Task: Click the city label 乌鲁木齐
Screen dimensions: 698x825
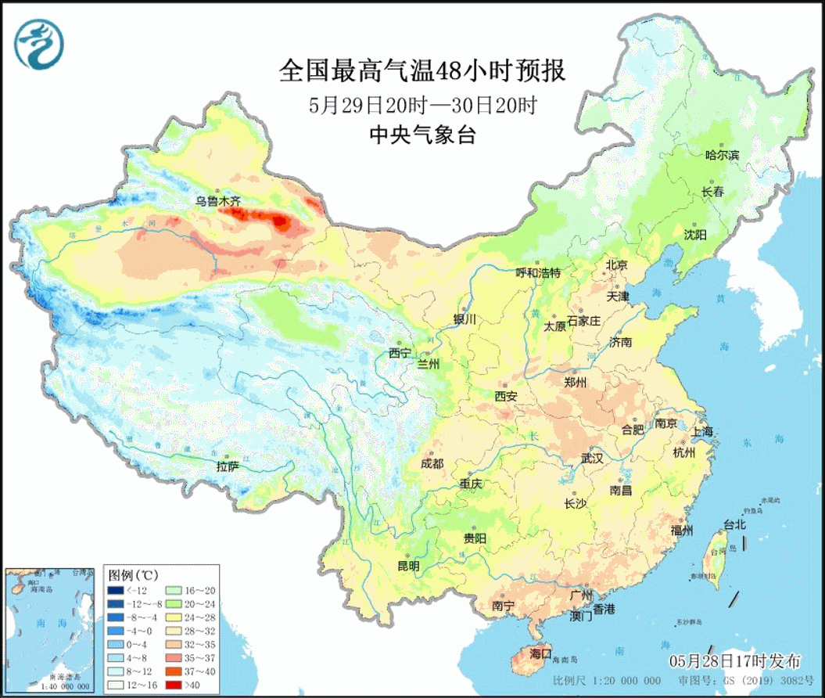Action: pos(218,201)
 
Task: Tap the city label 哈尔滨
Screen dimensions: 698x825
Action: pos(722,155)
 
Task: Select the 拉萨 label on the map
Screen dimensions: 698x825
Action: pos(228,466)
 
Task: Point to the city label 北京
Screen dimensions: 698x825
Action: pos(616,265)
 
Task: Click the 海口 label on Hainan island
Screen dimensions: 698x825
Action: pos(540,653)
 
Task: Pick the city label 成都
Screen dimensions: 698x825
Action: pos(432,463)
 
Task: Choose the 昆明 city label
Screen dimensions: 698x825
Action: pos(408,565)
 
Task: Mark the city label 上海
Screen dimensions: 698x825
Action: pos(702,431)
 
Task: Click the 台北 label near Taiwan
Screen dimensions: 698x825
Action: pos(734,524)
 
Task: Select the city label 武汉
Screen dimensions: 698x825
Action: pos(591,459)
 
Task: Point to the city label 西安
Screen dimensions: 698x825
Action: pos(506,396)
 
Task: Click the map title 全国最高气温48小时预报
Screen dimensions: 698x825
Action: pos(421,72)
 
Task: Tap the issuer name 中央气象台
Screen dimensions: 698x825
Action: pos(421,135)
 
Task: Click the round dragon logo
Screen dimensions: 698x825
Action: pos(39,43)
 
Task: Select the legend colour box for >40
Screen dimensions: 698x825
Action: pos(174,685)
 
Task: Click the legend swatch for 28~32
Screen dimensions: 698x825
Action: pos(174,631)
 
